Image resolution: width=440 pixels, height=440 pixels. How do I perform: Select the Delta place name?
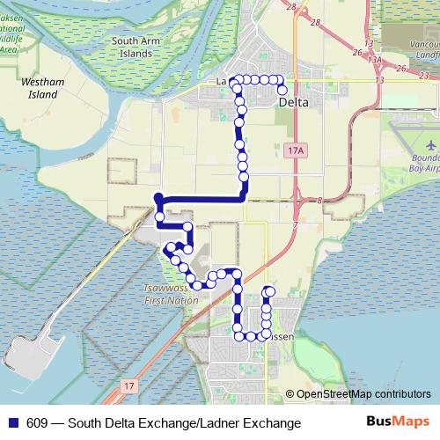(294, 103)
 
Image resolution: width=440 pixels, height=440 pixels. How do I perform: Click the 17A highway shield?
(296, 151)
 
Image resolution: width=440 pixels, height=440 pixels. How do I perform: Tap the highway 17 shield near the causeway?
(130, 385)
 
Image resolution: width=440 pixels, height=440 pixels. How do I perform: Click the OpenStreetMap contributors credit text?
(363, 394)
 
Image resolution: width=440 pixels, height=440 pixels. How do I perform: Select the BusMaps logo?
(399, 422)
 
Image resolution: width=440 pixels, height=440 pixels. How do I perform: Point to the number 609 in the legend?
(38, 423)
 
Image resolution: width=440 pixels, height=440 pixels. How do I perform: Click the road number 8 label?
(320, 201)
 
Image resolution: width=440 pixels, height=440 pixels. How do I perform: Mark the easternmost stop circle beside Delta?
(283, 90)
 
